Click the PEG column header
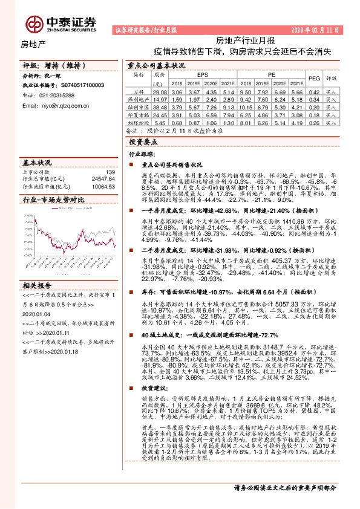[x=314, y=78]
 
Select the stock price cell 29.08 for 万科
[x=159, y=91]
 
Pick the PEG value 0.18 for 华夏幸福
[x=314, y=114]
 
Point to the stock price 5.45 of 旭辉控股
[x=159, y=122]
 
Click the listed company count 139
[x=110, y=173]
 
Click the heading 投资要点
[x=142, y=141]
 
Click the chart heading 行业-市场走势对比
[x=53, y=199]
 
